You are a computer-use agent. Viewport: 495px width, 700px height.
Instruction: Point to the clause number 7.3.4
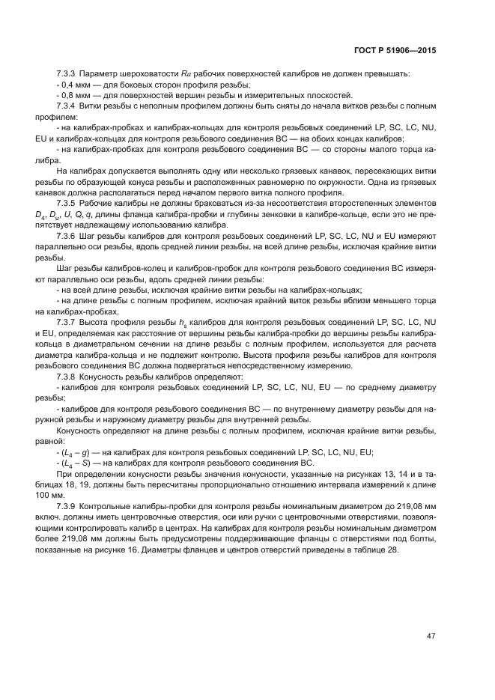(68, 107)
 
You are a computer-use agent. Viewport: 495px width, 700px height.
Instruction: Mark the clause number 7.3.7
(68, 321)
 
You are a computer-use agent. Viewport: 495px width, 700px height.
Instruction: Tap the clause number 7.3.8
(68, 376)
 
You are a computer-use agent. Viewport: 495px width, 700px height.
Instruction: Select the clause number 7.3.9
(68, 507)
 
